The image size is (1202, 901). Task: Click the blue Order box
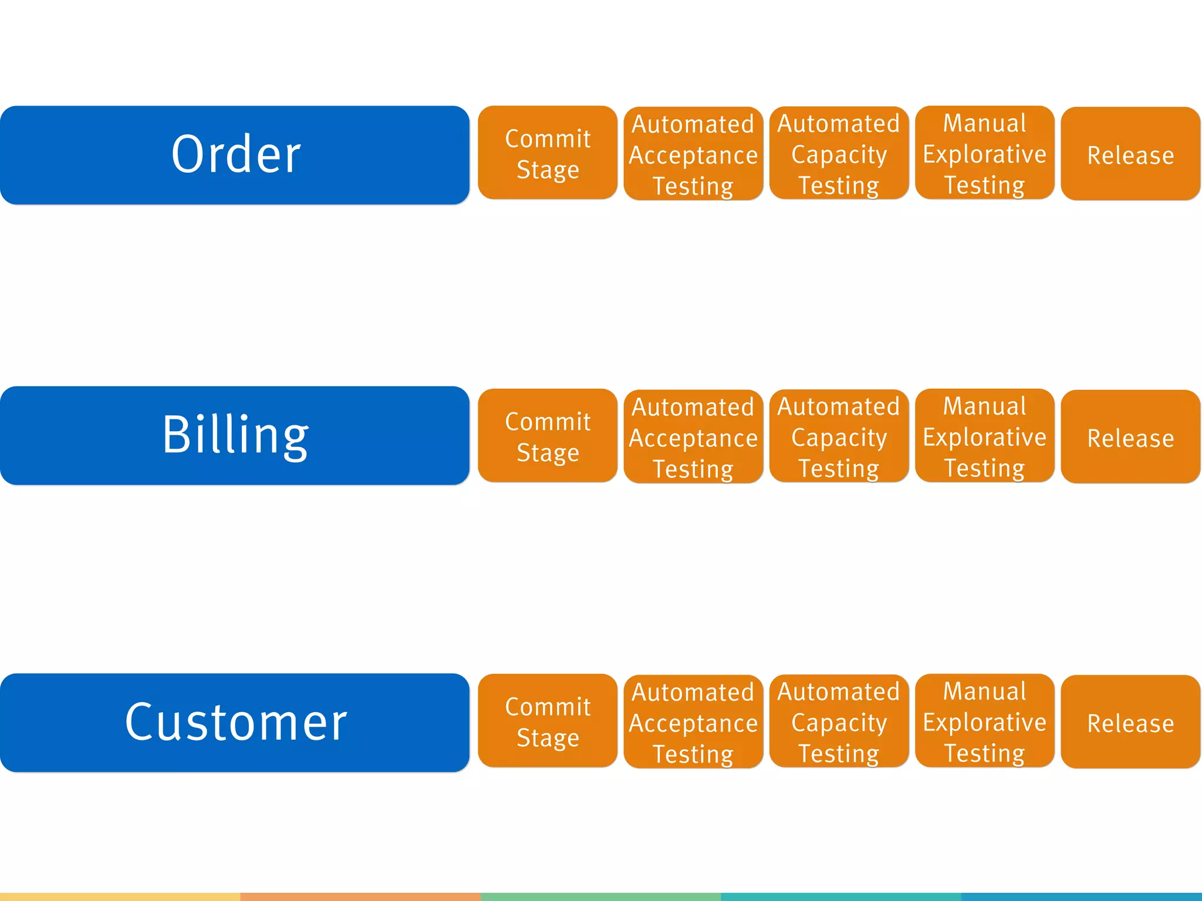click(235, 155)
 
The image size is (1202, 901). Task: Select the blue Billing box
click(235, 435)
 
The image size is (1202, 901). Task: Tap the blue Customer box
click(235, 722)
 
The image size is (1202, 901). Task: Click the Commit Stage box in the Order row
click(548, 153)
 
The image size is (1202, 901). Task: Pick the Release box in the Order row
click(1130, 154)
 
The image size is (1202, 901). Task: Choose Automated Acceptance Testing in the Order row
click(693, 154)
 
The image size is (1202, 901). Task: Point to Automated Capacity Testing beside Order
click(839, 153)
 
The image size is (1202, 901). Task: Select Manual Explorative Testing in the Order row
click(984, 153)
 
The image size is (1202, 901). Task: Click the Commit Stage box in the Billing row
click(548, 436)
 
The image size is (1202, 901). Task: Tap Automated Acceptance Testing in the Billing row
click(693, 436)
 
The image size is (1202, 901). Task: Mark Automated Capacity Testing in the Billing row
click(839, 436)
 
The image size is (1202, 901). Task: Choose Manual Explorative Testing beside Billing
click(984, 435)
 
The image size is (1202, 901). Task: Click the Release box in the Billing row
click(1130, 437)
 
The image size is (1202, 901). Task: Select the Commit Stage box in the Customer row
click(548, 721)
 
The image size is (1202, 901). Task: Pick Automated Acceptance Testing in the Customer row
click(693, 722)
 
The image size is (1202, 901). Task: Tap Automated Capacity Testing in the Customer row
click(839, 721)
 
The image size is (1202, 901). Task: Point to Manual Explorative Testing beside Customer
click(984, 720)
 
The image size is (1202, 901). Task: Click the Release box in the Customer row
click(1130, 722)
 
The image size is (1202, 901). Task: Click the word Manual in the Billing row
click(984, 406)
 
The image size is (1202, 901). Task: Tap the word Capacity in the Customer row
click(839, 723)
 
